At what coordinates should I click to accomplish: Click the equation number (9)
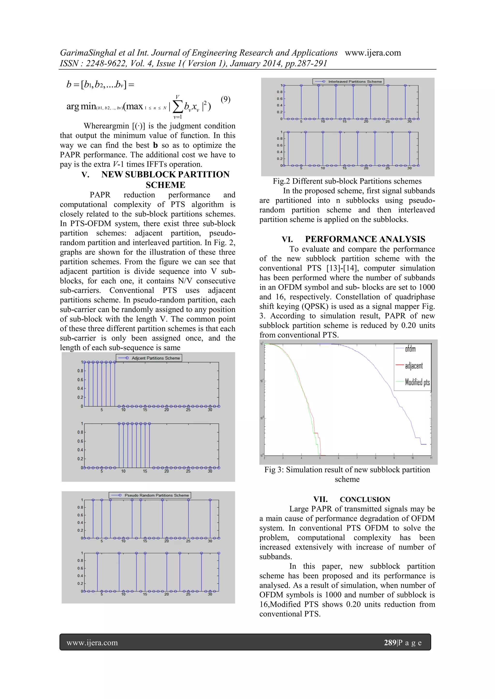(225, 99)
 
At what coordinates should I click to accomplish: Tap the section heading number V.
(85, 174)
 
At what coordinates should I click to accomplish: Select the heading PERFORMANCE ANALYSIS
(365, 239)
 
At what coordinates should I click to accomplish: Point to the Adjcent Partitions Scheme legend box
(149, 358)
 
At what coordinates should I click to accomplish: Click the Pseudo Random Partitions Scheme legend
(150, 495)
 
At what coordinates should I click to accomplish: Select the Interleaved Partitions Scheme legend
(348, 82)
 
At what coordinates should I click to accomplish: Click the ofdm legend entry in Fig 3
(410, 349)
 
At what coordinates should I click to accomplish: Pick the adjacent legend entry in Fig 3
(414, 366)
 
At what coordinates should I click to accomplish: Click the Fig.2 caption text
(347, 181)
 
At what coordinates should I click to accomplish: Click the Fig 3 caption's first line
(347, 470)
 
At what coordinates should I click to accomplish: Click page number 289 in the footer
(390, 643)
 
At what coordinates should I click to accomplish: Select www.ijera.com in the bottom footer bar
(92, 643)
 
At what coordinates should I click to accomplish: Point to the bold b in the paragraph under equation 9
(155, 145)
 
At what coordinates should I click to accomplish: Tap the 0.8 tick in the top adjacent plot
(80, 371)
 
